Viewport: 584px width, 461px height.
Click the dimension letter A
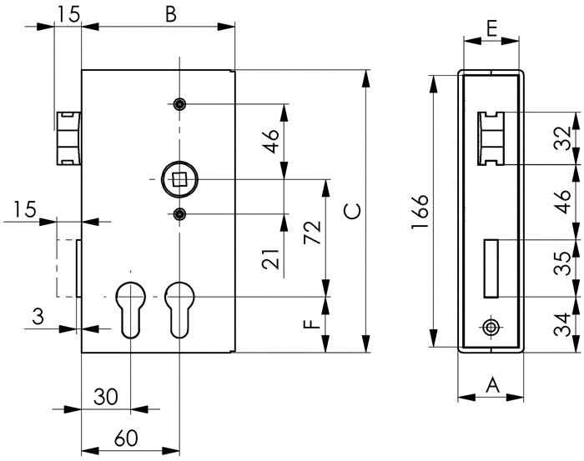[x=491, y=385]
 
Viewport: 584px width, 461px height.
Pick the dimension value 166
[x=419, y=213]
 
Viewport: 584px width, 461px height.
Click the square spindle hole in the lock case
[x=179, y=178]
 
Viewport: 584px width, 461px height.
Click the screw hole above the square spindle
[x=179, y=104]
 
